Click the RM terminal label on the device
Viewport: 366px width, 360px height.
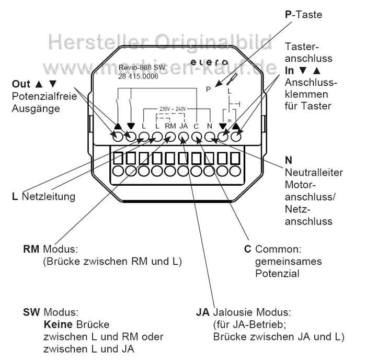coord(170,126)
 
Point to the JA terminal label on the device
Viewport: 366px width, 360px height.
coord(184,126)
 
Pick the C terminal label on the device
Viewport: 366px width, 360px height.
coord(196,126)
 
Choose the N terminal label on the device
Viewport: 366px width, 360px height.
coord(209,126)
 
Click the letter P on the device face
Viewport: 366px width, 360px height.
coord(208,89)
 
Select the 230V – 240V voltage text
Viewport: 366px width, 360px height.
coord(172,109)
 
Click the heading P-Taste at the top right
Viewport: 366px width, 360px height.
coord(303,15)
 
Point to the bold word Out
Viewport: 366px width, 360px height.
coord(21,84)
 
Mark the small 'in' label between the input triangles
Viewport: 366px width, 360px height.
coord(229,120)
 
